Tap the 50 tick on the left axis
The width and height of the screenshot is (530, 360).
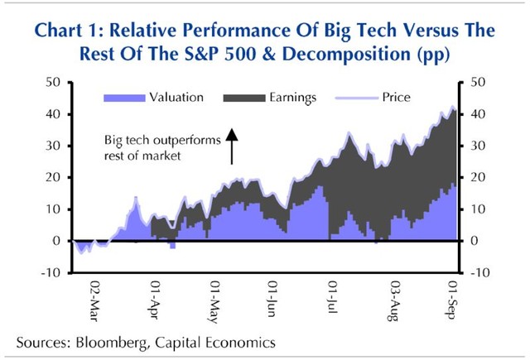[x=53, y=83]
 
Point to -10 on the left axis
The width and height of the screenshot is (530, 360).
[x=51, y=272]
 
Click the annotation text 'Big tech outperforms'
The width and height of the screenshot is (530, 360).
[x=161, y=141]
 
